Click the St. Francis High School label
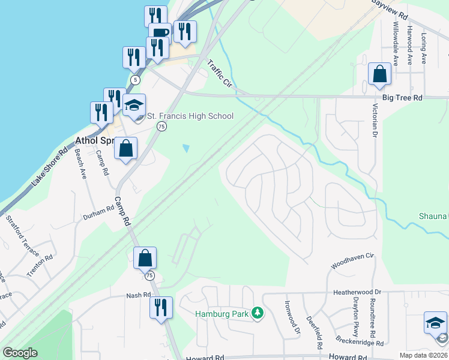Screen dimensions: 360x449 pos(190,116)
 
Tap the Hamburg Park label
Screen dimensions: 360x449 pos(222,313)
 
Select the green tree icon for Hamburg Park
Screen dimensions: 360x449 pos(258,313)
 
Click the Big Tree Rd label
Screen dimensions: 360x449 pos(402,97)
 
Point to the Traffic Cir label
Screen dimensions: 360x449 pos(219,74)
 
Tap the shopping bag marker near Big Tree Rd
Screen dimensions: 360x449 pos(379,74)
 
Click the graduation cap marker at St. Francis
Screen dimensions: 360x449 pos(134,105)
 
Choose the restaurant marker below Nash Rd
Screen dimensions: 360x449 pos(161,308)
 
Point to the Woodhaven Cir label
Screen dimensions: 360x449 pos(352,261)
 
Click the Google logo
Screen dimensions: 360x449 pos(20,353)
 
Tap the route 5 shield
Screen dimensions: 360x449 pos(136,79)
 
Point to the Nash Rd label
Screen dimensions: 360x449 pos(138,295)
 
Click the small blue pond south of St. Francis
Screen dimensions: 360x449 pos(186,148)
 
